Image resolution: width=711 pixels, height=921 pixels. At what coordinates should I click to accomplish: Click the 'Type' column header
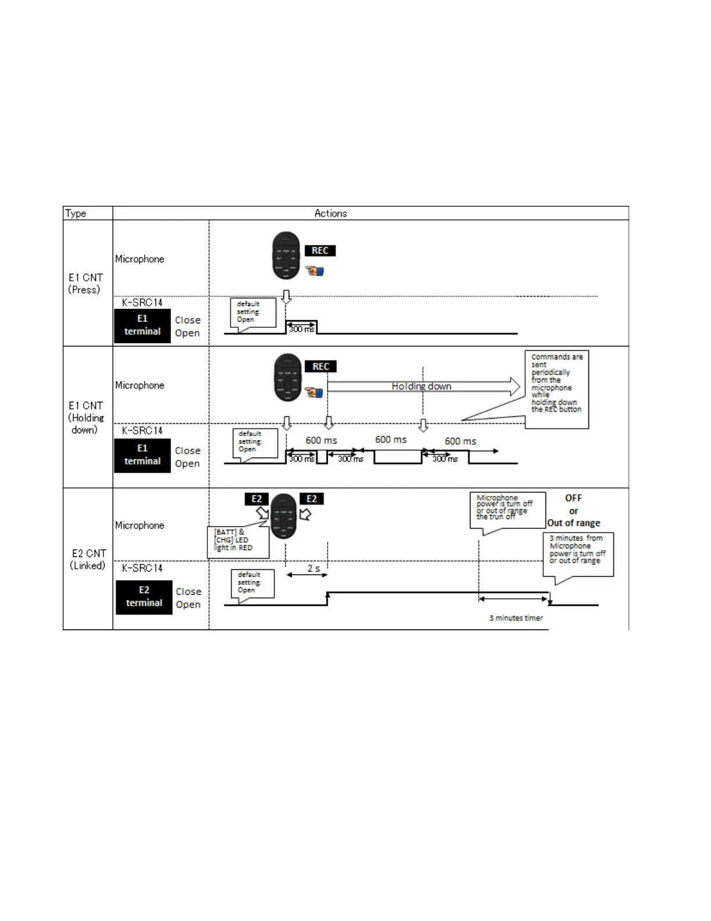click(x=76, y=213)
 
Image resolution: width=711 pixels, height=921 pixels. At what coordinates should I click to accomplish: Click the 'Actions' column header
click(x=331, y=213)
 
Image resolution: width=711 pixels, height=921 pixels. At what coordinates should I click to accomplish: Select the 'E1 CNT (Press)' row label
click(x=85, y=284)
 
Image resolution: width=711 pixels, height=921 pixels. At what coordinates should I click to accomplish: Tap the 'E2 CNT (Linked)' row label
click(x=88, y=559)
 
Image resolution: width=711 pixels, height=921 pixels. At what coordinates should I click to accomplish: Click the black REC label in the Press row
click(x=320, y=251)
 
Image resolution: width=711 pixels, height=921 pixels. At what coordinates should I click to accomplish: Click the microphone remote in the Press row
click(x=286, y=256)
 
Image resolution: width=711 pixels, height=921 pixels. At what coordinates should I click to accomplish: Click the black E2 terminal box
click(x=144, y=597)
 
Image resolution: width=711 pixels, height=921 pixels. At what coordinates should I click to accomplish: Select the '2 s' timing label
click(x=314, y=568)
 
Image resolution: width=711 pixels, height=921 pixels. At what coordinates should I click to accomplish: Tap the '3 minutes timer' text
click(x=516, y=618)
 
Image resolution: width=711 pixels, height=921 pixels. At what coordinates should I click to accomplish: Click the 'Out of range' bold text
click(x=574, y=523)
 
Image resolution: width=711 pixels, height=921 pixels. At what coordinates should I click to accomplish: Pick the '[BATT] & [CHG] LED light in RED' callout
click(x=238, y=541)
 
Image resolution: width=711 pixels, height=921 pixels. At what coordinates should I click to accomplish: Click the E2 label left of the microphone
click(x=257, y=499)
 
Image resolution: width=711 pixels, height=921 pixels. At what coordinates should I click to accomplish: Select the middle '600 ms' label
click(x=391, y=440)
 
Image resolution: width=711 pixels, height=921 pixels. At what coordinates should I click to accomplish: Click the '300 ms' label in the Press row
click(x=301, y=329)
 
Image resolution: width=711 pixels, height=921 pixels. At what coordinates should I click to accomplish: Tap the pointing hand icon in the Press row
click(x=315, y=270)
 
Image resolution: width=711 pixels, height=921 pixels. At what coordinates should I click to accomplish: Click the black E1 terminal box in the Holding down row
click(x=142, y=455)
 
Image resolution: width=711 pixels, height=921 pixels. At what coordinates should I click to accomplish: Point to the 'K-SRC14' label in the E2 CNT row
click(x=142, y=568)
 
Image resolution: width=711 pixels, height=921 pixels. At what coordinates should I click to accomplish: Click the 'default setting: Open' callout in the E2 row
click(x=253, y=583)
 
